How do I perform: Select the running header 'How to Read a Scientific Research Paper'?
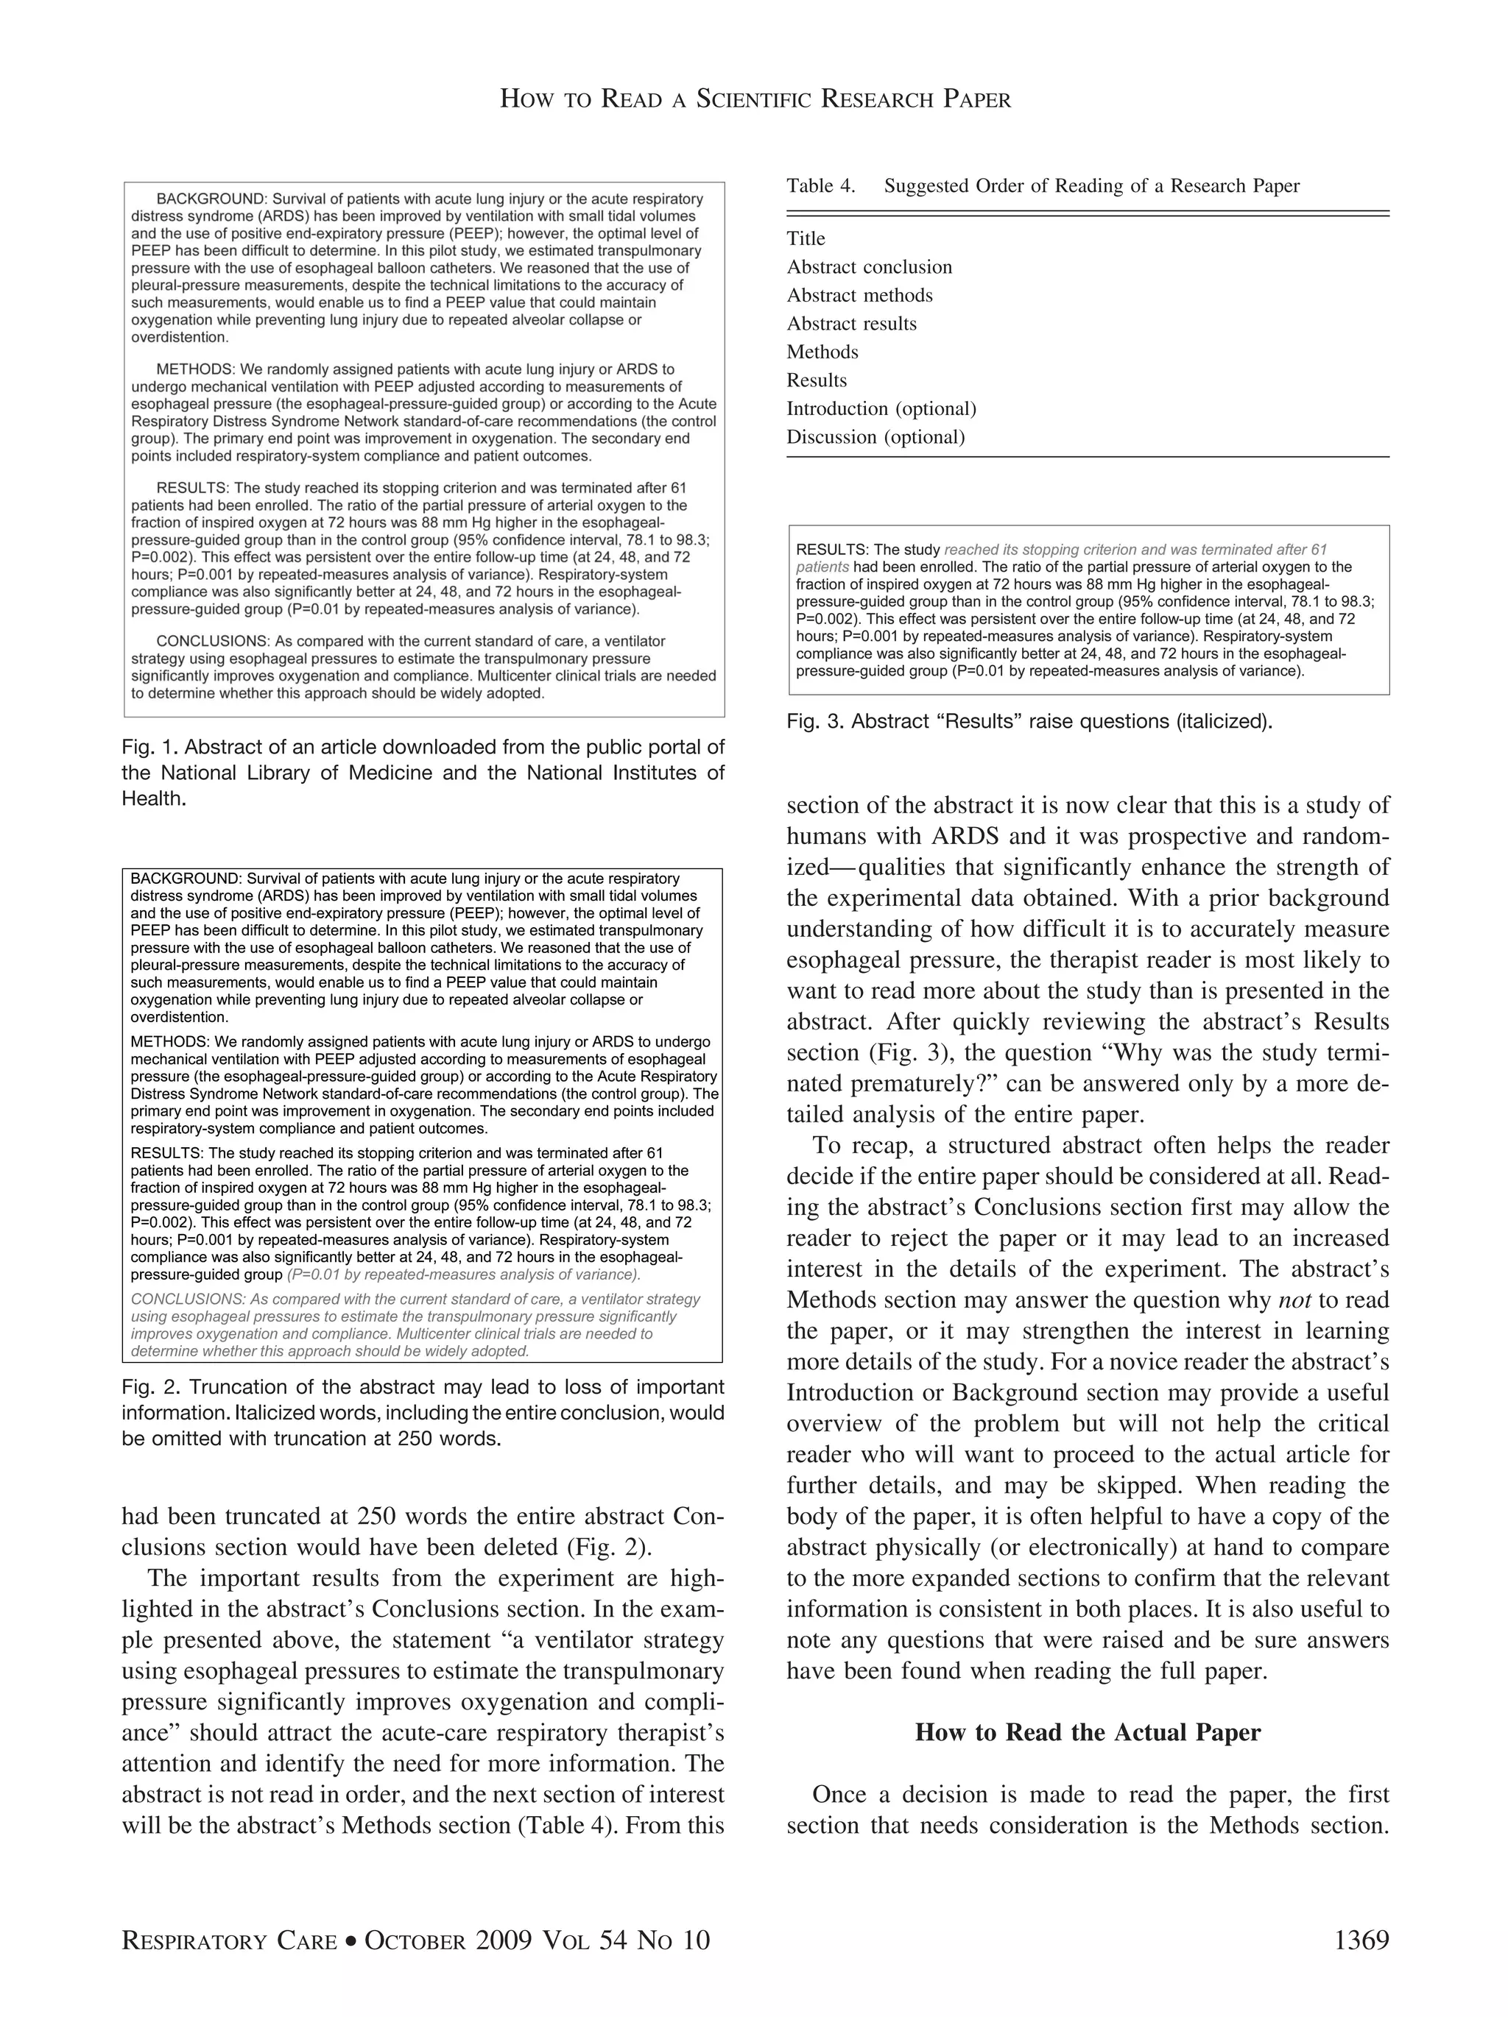pos(755,99)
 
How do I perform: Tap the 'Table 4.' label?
pos(820,186)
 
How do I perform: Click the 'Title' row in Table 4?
pos(806,239)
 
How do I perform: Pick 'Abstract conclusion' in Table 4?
pos(868,267)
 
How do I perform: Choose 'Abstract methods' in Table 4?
pos(859,295)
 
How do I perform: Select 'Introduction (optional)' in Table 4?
pos(881,408)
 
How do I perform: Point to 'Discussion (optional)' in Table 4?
pos(875,437)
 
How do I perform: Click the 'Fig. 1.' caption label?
pos(149,748)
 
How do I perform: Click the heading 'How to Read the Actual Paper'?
pos(1088,1732)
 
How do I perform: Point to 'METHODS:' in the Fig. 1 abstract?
pos(196,369)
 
